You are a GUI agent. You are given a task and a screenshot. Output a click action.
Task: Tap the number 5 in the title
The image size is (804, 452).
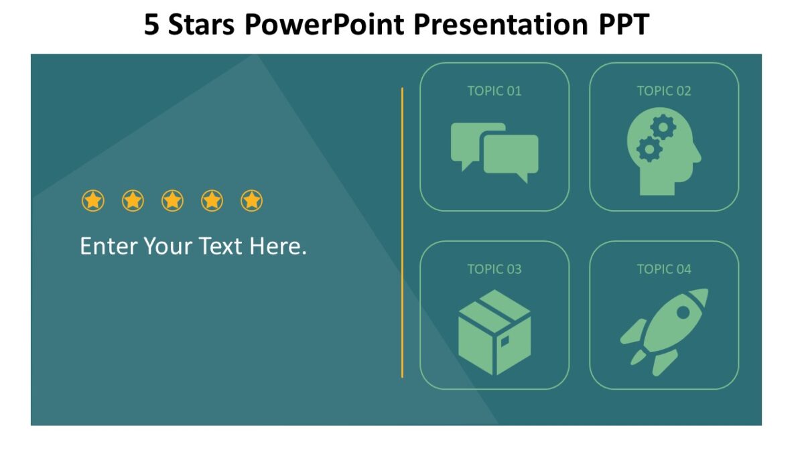coord(153,25)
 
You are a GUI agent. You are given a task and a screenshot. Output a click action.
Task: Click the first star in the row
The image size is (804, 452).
coord(93,200)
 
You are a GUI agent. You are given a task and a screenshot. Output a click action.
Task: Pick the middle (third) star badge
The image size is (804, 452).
coord(172,200)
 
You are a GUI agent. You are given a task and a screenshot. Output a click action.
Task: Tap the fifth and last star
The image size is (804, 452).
coord(251,200)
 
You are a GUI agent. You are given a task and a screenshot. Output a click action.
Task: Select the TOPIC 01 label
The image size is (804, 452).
coord(494,91)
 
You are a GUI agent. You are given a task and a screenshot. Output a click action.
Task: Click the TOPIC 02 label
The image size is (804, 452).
coord(664,91)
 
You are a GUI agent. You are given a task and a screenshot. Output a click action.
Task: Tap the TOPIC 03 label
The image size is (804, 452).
coord(494,269)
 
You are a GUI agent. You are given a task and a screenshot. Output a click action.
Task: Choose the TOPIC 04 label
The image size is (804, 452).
coord(664,269)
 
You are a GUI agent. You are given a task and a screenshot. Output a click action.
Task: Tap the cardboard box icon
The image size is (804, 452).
coord(494,332)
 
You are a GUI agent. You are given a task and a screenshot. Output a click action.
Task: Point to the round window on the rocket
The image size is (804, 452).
coord(683,312)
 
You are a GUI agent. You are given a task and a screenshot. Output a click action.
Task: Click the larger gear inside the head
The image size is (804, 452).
coord(663,127)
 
